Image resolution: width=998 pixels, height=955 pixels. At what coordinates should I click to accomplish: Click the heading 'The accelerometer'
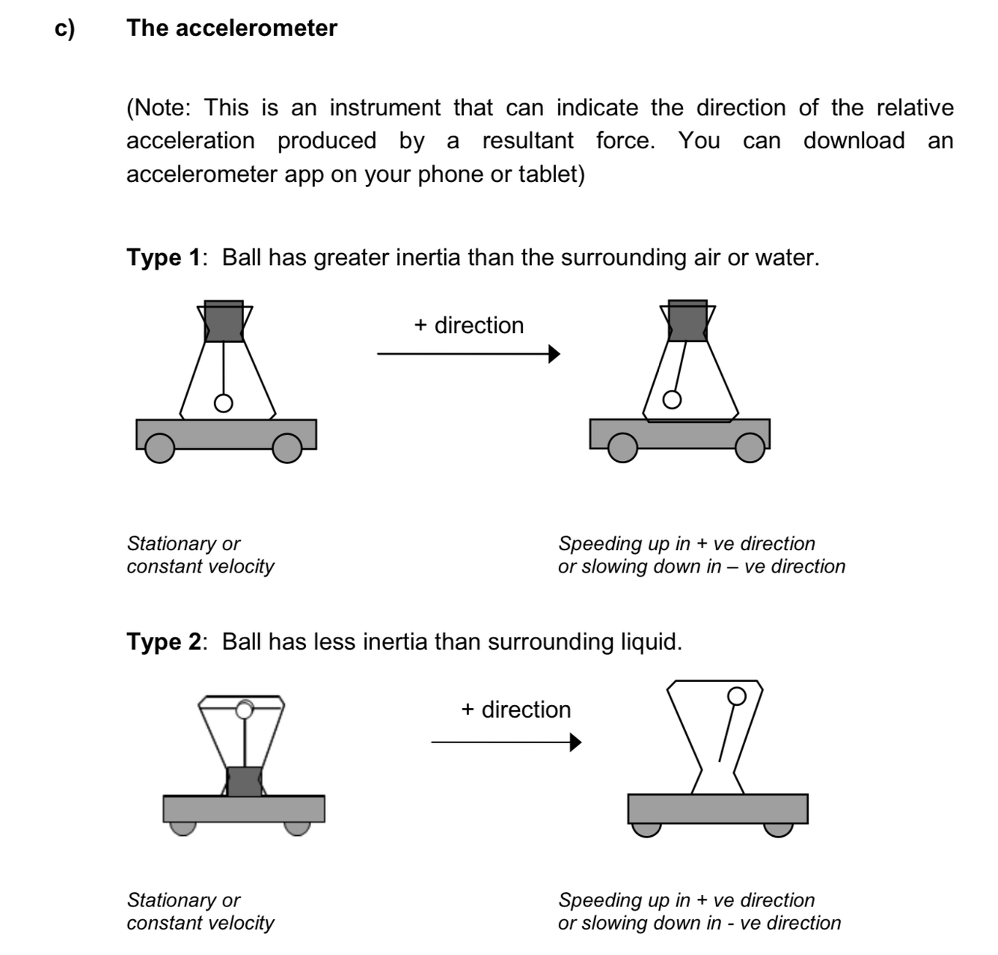tap(232, 28)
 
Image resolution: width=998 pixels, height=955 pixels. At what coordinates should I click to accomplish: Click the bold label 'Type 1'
tap(163, 258)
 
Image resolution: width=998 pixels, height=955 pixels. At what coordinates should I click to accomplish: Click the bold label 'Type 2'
tap(163, 642)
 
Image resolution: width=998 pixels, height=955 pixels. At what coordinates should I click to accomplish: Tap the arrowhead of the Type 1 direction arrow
tap(554, 354)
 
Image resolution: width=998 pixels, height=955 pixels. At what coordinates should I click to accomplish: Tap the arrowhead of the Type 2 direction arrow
tap(575, 742)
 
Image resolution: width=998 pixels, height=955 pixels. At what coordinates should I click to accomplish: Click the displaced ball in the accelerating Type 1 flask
tap(672, 400)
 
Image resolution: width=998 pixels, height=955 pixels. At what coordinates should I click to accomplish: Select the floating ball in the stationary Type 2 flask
tap(244, 709)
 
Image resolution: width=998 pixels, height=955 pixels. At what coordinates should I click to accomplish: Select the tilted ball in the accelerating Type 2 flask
tap(737, 696)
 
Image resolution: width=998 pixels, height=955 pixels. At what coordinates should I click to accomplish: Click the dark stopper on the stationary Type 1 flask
tap(224, 321)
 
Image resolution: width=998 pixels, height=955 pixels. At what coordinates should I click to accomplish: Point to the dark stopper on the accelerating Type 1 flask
tap(688, 321)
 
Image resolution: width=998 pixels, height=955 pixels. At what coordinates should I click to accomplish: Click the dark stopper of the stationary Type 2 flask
tap(244, 781)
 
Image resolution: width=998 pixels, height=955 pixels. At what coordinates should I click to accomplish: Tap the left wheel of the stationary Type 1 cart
tap(159, 449)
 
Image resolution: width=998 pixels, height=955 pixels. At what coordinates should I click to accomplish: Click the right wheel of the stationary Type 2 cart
tap(297, 827)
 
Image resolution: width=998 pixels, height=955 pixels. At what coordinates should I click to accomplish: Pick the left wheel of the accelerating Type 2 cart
tap(646, 829)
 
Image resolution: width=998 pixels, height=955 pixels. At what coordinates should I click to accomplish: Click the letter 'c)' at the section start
tap(65, 28)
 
